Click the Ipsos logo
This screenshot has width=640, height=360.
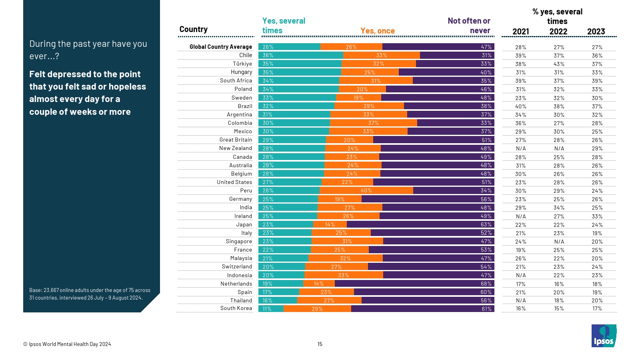pos(604,336)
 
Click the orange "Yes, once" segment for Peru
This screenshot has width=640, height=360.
pos(366,191)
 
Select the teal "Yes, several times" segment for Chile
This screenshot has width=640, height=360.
pos(300,55)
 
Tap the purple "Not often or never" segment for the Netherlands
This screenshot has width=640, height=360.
pos(414,284)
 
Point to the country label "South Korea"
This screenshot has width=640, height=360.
pos(236,308)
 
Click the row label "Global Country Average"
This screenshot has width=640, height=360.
pos(220,47)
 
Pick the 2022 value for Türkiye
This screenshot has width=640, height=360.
pos(559,64)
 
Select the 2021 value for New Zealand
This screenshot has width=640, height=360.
pos(521,148)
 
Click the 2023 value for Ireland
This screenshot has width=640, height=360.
pos(597,216)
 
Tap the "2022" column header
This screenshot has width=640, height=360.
pos(558,32)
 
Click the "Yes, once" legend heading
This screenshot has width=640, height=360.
pos(377,31)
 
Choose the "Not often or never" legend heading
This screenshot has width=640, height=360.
pos(469,26)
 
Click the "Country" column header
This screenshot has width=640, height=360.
pos(193,29)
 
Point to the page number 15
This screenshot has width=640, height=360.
pos(320,344)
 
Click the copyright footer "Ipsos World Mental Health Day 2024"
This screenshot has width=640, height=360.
pos(67,344)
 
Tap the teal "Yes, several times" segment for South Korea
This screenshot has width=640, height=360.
pos(271,309)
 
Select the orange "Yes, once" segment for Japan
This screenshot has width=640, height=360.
pos(330,225)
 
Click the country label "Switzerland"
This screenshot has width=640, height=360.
pos(237,266)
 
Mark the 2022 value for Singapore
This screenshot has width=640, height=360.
pos(559,242)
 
